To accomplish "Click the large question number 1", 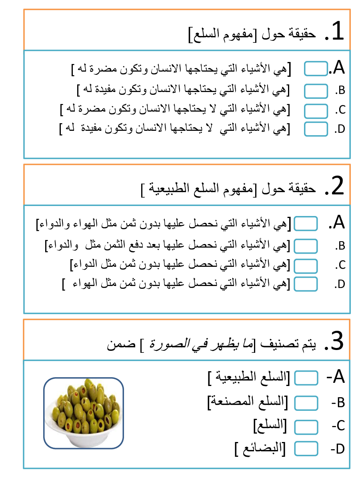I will tap(334, 32).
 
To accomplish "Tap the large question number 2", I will tap(334, 187).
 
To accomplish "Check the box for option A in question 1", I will tap(316, 68).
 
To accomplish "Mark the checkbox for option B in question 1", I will tap(316, 91).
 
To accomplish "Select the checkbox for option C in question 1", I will tap(316, 110).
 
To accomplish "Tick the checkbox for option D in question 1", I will tap(316, 129).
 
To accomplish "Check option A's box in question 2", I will tap(306, 224).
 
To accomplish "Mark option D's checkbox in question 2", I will tap(306, 284).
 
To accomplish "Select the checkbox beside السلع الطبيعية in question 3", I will tap(306, 377).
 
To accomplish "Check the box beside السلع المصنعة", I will tap(306, 403).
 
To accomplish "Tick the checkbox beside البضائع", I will tap(306, 449).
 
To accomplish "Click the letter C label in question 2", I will tap(340, 265).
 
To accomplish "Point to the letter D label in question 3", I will tap(338, 449).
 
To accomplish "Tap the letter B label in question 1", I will tap(340, 91).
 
